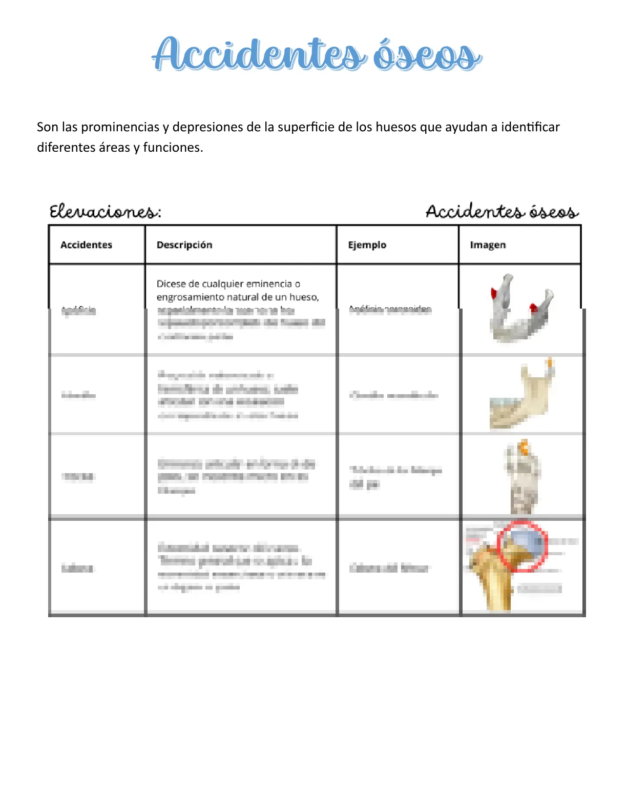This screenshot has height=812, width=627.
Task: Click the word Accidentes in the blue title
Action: click(259, 54)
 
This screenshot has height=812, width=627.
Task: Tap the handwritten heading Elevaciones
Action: click(105, 212)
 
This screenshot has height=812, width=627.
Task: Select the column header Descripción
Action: click(184, 245)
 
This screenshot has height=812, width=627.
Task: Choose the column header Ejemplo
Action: click(367, 245)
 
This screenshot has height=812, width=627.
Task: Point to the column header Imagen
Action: click(488, 245)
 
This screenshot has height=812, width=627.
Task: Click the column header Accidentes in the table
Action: click(86, 245)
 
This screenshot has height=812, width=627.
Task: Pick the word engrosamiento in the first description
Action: click(190, 297)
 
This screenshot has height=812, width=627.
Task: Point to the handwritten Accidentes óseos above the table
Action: click(502, 212)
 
